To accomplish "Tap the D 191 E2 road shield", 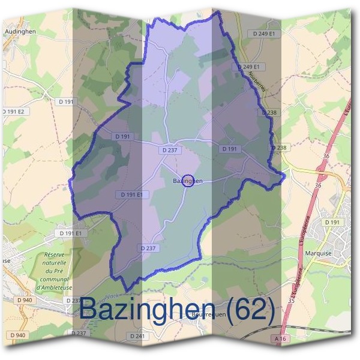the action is click(13, 112).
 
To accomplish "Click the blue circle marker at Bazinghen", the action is click(188, 180).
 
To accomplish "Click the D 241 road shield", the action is click(137, 336).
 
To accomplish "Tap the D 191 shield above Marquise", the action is click(332, 222).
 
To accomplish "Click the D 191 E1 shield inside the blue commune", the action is click(131, 194).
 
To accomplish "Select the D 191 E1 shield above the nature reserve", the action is click(70, 233).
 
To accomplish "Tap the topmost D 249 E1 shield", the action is click(263, 34).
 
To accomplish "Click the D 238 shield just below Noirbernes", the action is click(269, 112).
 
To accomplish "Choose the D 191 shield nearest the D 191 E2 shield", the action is click(66, 102).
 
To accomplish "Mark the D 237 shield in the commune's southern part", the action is click(148, 248).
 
